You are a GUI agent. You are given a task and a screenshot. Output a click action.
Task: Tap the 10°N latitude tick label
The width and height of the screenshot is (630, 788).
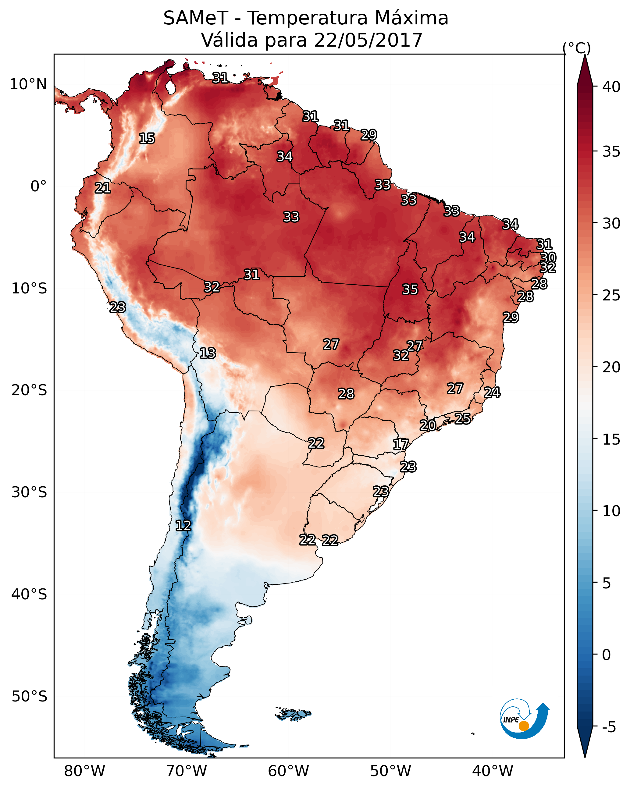(28, 84)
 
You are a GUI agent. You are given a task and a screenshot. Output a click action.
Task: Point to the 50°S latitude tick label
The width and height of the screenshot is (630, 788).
(29, 696)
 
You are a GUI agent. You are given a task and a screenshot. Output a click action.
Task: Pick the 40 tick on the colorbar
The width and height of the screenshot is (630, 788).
(611, 87)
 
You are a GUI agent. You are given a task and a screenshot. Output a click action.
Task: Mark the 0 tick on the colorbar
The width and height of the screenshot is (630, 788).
(606, 655)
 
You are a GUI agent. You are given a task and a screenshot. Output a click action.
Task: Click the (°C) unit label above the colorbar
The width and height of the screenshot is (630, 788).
(577, 48)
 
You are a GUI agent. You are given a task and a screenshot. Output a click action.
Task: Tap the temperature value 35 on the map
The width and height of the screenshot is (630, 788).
(410, 289)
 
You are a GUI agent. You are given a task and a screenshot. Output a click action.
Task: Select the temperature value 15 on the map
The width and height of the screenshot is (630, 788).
(147, 139)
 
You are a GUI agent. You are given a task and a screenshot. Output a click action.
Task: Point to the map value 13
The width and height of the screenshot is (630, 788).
(208, 353)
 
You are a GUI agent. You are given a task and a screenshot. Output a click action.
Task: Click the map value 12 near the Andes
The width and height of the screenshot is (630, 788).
(183, 526)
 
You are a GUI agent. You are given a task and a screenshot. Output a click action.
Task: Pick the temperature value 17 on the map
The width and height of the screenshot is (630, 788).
(401, 445)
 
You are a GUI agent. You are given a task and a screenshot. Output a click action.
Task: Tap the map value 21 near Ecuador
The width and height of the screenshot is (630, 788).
(103, 188)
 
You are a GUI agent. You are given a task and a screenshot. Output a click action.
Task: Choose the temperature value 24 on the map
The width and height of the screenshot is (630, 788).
(492, 392)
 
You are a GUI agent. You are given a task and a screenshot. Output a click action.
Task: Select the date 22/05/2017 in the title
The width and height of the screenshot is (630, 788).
(368, 40)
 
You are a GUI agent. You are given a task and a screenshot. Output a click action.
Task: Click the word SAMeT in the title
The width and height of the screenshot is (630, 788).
(196, 18)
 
